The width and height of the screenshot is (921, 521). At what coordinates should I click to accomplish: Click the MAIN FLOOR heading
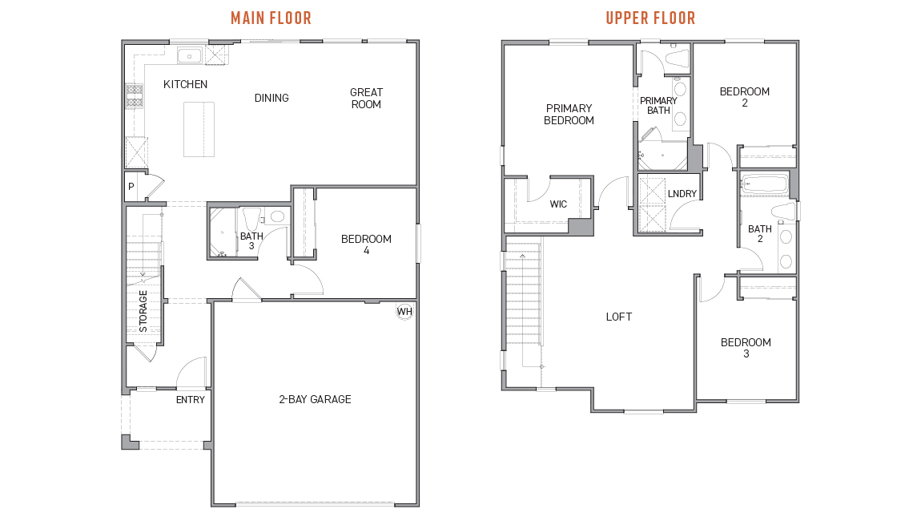point(271,18)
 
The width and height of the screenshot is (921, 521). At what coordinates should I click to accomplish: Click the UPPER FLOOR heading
point(650,18)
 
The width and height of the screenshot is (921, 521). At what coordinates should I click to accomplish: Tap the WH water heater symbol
point(404,311)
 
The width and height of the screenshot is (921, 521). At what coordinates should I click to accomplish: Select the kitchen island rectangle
point(199,128)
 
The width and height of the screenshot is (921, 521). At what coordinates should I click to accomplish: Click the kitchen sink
point(190,55)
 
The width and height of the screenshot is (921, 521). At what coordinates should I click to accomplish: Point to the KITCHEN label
point(185,84)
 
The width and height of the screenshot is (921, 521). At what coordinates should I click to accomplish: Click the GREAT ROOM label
point(366,99)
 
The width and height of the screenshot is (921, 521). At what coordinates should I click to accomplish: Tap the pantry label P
point(131,187)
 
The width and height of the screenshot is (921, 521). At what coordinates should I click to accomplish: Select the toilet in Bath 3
point(276,216)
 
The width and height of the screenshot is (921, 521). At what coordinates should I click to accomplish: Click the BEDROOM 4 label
point(366,244)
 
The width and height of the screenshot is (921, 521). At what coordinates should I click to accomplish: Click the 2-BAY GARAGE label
point(315,399)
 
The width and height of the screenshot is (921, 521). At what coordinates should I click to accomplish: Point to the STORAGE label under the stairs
point(143,311)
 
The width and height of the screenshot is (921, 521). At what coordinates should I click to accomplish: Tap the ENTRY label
point(191,399)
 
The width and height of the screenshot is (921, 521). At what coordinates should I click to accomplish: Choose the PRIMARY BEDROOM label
point(569,115)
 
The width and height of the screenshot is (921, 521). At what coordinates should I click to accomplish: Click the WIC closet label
point(558,204)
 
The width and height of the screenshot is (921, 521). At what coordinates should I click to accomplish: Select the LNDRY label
point(682,194)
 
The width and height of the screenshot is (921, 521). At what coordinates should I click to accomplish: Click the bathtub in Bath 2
point(764,184)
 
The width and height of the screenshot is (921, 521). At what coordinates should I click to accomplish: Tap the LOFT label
point(618,317)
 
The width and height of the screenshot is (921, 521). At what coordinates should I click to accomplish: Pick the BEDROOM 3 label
point(746,348)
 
